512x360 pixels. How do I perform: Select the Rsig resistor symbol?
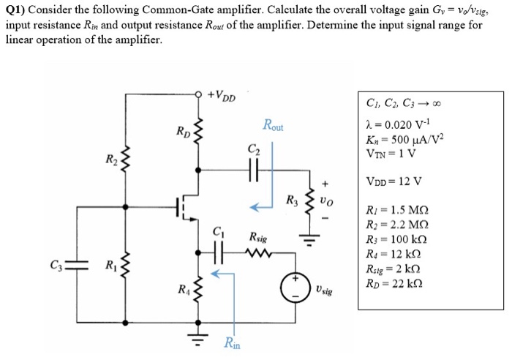point(260,255)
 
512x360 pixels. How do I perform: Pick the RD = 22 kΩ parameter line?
point(394,283)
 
